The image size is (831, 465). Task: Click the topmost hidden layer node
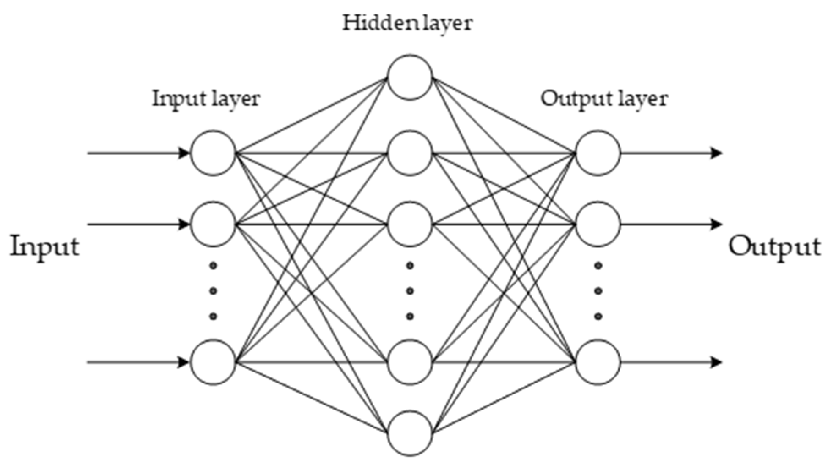pos(410,77)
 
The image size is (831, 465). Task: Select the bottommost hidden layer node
pos(410,433)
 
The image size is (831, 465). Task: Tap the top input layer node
pos(213,153)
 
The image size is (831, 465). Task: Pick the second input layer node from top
pos(213,224)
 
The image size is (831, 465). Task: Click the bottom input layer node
pos(213,362)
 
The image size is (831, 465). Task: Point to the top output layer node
pos(598,153)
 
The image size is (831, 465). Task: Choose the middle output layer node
pos(598,224)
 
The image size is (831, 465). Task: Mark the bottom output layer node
pos(598,362)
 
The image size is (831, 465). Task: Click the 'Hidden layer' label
pos(407,23)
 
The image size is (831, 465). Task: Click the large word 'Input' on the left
pos(45,247)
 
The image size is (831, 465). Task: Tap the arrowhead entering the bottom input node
pos(184,362)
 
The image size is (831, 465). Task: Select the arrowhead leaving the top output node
pos(716,153)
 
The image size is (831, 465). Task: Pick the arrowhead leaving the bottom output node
pos(716,362)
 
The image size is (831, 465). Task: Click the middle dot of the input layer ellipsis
pos(213,291)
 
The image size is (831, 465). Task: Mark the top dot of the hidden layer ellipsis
pos(410,266)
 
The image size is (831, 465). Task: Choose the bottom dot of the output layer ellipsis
pos(598,316)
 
